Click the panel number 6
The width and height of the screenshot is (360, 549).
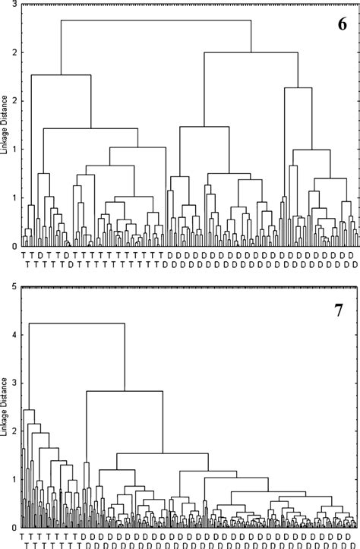tap(342, 24)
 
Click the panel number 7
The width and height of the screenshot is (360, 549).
tap(342, 310)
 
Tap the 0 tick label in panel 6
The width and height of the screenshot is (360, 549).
tap(16, 246)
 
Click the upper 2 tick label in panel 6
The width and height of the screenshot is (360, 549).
tap(16, 52)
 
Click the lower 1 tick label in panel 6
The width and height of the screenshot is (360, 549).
tap(16, 197)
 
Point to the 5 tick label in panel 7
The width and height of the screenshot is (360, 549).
tap(16, 288)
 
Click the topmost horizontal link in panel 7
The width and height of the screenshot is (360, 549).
tap(76, 323)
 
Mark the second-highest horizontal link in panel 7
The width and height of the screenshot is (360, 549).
tap(125, 392)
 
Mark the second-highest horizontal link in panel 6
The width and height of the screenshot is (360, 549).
tap(251, 52)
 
